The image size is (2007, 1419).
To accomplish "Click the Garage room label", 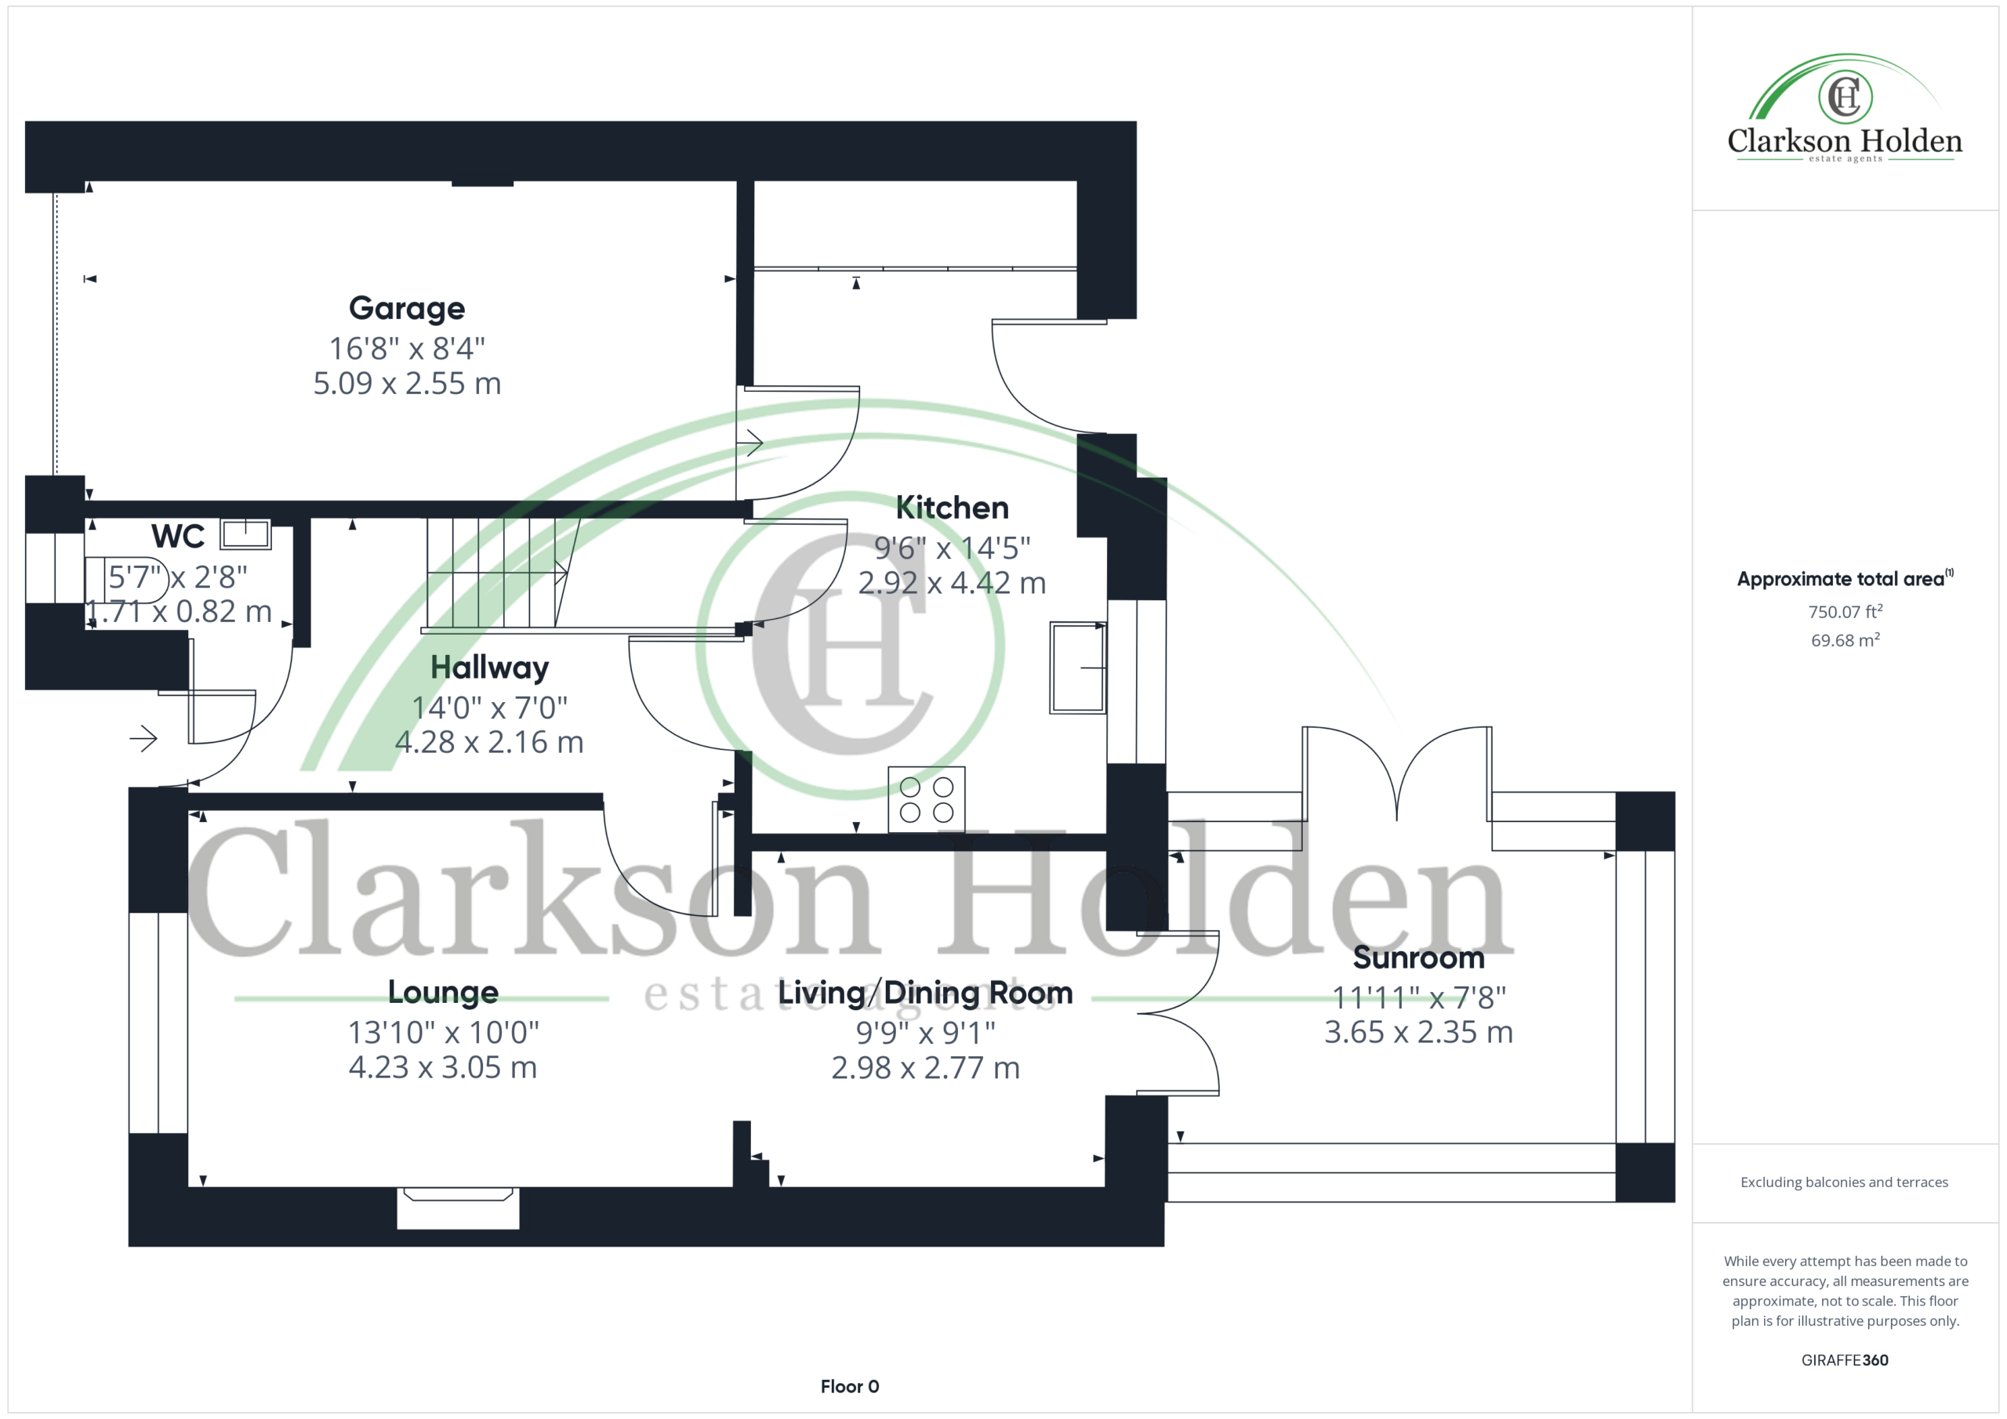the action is tap(406, 309).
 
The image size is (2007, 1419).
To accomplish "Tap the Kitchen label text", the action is tap(952, 508).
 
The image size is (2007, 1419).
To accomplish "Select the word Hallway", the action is tap(489, 668).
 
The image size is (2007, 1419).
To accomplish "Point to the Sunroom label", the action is tap(1418, 957).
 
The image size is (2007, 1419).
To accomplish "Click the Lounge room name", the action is tap(442, 993).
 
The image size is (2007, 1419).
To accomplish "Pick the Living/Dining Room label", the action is tap(925, 994).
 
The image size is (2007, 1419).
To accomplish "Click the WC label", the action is tap(177, 536).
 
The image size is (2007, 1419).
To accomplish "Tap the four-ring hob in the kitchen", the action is tap(927, 798).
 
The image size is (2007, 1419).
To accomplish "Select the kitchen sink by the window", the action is tap(1079, 668).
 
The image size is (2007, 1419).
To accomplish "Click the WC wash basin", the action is tap(245, 534).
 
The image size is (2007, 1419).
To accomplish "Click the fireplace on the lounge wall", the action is tap(458, 1207).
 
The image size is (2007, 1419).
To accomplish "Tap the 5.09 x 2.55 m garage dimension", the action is tap(406, 384).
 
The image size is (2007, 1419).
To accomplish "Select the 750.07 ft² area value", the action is tap(1845, 612).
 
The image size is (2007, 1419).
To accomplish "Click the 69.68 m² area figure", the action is tap(1845, 639).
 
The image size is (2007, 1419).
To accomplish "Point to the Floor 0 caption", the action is tap(850, 1386).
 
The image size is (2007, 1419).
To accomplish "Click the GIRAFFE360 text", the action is tap(1845, 1359).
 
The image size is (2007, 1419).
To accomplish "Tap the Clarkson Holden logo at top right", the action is tap(1845, 109).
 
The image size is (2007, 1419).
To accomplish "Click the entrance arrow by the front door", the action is tap(143, 739).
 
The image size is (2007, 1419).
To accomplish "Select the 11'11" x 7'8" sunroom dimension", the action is tap(1418, 997).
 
